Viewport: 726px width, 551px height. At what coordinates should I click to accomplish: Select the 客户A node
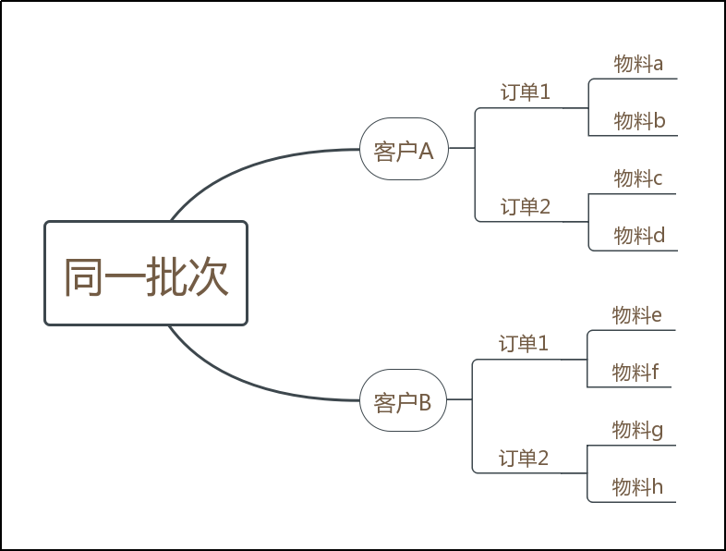404,149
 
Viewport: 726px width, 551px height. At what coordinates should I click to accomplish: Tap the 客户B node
403,401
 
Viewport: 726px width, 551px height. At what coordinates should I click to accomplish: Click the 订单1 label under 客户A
526,92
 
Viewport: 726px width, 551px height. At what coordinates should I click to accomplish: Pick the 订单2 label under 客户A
526,207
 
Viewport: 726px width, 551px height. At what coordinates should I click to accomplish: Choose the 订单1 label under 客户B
524,344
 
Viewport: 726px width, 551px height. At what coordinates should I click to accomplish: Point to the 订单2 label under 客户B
524,458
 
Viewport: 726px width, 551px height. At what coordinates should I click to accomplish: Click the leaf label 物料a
639,64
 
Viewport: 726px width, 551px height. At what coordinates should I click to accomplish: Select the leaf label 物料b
639,121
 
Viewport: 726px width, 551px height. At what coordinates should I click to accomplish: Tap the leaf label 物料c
638,178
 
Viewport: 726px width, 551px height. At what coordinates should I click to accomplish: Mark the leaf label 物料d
639,236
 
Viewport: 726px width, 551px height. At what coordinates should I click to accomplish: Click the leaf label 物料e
637,315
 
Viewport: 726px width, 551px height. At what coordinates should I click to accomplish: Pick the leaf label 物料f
635,373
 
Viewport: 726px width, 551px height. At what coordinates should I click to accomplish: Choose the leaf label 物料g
637,430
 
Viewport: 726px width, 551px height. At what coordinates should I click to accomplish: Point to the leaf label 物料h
637,487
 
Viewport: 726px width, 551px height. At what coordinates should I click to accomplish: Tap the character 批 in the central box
166,275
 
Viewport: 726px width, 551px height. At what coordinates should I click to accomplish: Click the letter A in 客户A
426,150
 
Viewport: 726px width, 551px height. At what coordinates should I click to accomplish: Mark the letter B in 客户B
425,402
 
